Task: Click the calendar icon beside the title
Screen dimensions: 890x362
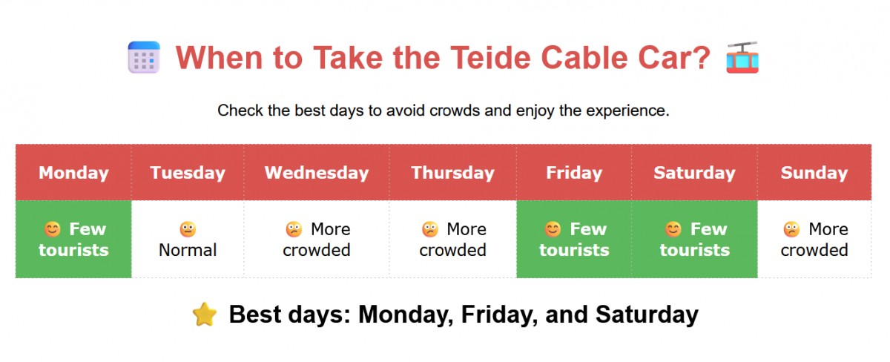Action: click(144, 57)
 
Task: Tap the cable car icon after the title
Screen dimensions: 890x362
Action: click(742, 57)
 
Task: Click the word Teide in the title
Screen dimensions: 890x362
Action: click(490, 58)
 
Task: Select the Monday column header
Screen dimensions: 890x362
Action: click(73, 173)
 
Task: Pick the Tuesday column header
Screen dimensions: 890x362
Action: click(188, 173)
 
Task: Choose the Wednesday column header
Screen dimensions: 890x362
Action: click(317, 173)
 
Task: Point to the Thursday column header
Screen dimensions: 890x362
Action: click(452, 173)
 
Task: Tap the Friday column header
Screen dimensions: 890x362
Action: click(574, 173)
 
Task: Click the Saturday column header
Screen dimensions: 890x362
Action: click(694, 173)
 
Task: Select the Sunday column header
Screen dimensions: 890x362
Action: click(814, 173)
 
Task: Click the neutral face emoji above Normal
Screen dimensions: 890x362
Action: click(188, 229)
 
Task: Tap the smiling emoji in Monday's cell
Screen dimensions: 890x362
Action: click(53, 229)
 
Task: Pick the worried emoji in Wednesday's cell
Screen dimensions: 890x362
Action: click(294, 229)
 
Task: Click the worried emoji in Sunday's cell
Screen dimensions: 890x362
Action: click(791, 229)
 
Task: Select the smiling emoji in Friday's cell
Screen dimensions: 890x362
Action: click(553, 229)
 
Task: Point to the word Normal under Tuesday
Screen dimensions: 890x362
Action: click(188, 250)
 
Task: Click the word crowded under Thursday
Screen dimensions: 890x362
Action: click(452, 250)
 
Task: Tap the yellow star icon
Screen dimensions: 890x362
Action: click(205, 315)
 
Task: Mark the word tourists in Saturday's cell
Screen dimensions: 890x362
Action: click(694, 250)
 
